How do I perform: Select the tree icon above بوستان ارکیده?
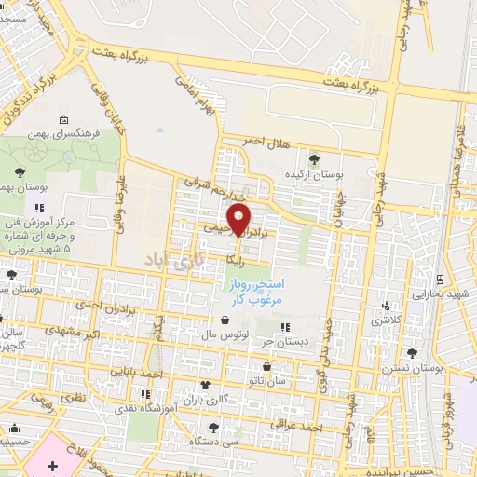(x=313, y=158)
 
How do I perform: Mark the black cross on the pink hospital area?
(x=52, y=463)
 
